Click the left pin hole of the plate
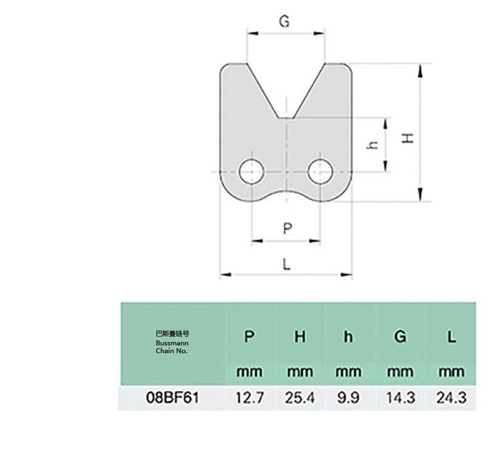pyautogui.click(x=251, y=172)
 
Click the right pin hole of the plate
pyautogui.click(x=320, y=172)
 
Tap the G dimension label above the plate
pyautogui.click(x=284, y=22)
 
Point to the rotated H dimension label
pyautogui.click(x=408, y=138)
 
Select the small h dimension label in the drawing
pyautogui.click(x=373, y=145)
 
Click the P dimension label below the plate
pyautogui.click(x=287, y=228)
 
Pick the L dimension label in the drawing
pyautogui.click(x=287, y=264)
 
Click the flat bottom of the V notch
pyautogui.click(x=286, y=118)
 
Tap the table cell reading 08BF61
pyautogui.click(x=173, y=398)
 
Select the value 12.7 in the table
pyautogui.click(x=250, y=398)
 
